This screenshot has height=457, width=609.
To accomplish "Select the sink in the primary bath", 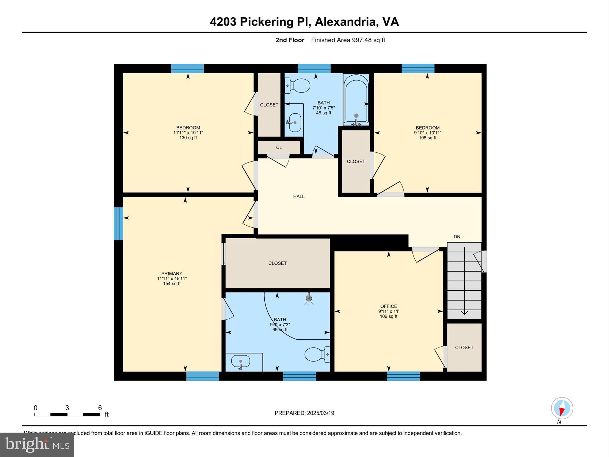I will click(241, 361).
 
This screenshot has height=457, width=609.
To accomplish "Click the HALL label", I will click(299, 196).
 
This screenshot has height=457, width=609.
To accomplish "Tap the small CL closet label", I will click(279, 148).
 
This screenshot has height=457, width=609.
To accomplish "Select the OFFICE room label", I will click(389, 306).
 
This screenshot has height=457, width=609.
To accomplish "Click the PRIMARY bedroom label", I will click(172, 273).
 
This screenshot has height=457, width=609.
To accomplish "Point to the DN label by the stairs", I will click(457, 237).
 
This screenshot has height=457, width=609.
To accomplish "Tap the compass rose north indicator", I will click(562, 409).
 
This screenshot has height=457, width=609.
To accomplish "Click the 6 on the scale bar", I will click(100, 408).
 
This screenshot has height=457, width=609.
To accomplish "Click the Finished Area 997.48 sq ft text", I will click(348, 40).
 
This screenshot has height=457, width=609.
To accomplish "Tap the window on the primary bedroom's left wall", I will click(118, 223).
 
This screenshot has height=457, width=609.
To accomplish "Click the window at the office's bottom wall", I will click(403, 376).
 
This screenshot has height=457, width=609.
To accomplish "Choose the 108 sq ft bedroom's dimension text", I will click(428, 133).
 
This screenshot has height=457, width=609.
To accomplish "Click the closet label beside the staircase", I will click(464, 347).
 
